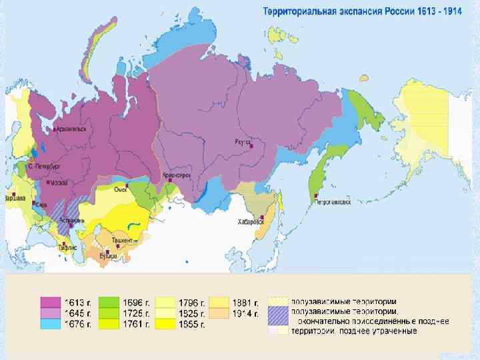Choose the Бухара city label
point(107,255)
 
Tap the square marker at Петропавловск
point(313,195)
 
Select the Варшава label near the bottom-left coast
point(15,199)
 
